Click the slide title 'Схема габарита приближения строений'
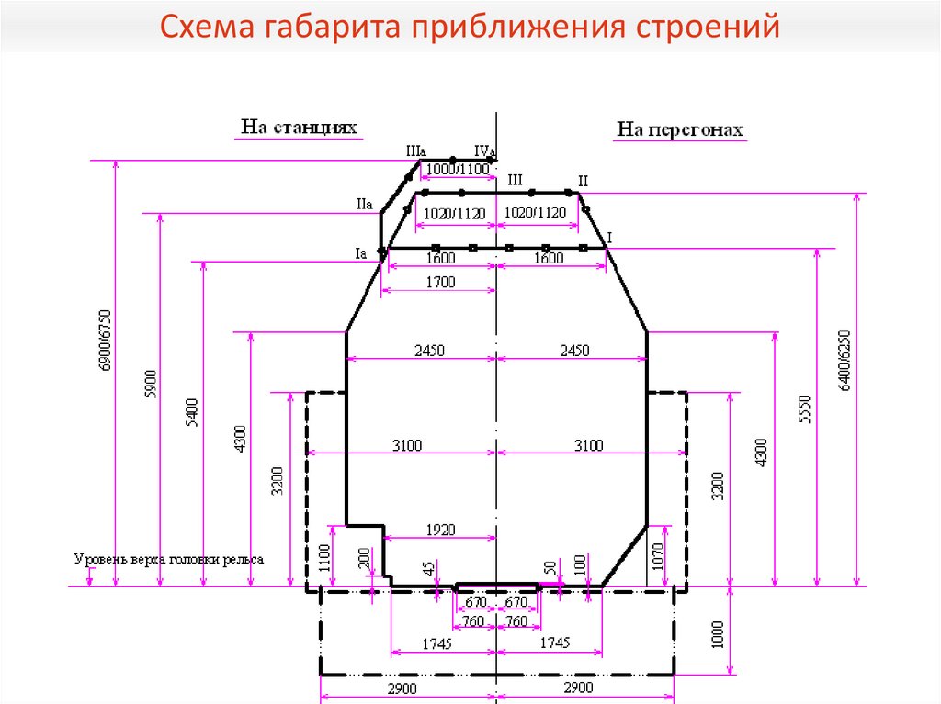click(x=470, y=27)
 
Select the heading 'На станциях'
click(x=299, y=127)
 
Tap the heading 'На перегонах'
click(x=679, y=130)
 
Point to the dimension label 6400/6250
click(x=845, y=360)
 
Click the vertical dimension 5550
click(x=805, y=408)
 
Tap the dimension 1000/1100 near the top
click(x=459, y=169)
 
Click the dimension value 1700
click(x=440, y=283)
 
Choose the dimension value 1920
click(x=441, y=530)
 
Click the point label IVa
click(x=484, y=151)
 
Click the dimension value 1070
click(x=656, y=558)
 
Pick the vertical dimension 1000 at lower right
click(x=719, y=633)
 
